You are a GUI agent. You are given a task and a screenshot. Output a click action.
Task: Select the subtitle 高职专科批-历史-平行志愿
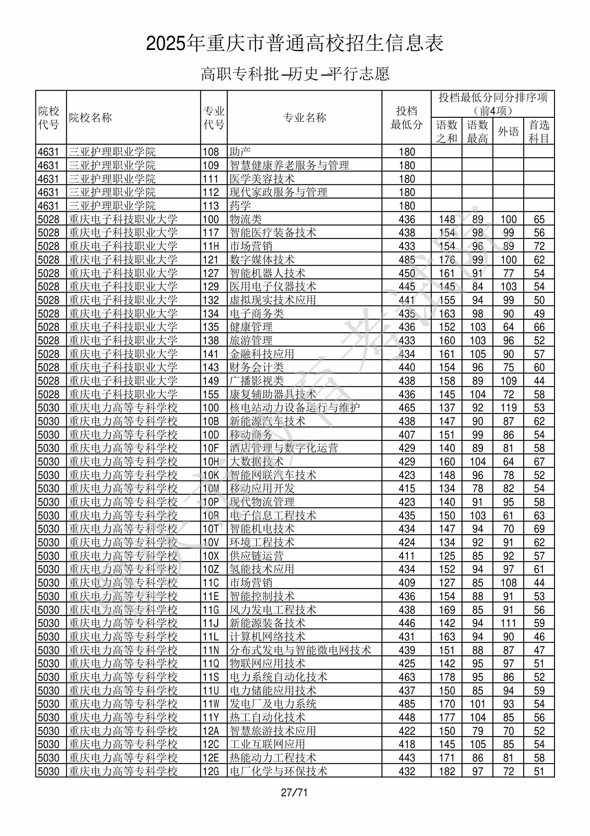[295, 74]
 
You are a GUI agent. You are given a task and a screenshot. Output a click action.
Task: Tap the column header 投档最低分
[406, 117]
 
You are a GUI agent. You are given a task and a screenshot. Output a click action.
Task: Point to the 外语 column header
[508, 131]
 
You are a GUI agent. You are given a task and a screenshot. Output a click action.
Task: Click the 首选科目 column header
[539, 131]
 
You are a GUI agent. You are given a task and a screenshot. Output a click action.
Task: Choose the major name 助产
[240, 152]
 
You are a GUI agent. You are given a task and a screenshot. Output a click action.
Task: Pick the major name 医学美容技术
[262, 179]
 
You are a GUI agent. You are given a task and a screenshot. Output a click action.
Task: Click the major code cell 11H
[211, 246]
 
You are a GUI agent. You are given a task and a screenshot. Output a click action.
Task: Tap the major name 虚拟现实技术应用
[272, 300]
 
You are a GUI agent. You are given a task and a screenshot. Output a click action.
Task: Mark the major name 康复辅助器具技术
[273, 394]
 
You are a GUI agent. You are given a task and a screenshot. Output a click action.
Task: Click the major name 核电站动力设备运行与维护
[294, 407]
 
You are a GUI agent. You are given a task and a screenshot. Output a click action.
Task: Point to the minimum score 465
[406, 407]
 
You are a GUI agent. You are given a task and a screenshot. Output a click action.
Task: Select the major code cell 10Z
[211, 569]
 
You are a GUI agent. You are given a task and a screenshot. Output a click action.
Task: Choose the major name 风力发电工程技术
[273, 610]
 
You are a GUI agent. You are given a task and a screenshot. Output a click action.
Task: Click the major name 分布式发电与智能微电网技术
[300, 650]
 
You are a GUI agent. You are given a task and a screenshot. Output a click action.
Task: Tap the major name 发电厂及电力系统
[273, 704]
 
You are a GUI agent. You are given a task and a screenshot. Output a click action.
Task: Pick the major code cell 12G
[211, 771]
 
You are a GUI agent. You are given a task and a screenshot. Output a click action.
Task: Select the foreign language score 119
[508, 407]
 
